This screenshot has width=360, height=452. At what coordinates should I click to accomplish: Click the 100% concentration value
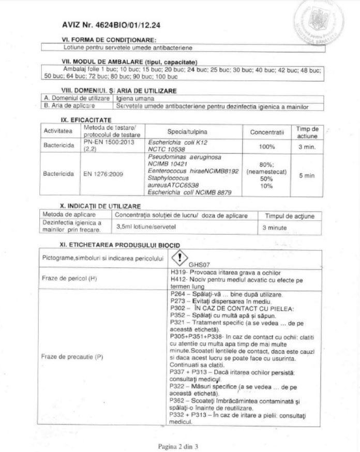point(267,147)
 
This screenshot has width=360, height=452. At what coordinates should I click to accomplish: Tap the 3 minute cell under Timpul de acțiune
point(275,227)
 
